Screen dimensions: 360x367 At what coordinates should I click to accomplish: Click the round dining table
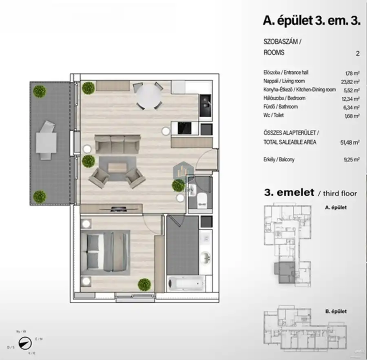pos(148,96)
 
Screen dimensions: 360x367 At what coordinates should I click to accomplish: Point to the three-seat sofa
pos(117,144)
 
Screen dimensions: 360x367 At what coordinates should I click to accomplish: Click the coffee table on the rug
pos(117,168)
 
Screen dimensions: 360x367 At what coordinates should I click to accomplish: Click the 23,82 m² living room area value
pos(352,82)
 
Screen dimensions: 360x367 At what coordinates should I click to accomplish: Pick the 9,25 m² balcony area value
pos(352,160)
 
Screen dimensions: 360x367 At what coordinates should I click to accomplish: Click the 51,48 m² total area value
pos(351,142)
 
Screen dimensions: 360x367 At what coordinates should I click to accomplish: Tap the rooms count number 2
pos(357,53)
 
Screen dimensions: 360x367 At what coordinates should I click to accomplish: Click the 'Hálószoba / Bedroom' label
pos(284,98)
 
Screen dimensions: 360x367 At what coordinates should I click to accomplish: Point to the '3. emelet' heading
pos(290,192)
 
